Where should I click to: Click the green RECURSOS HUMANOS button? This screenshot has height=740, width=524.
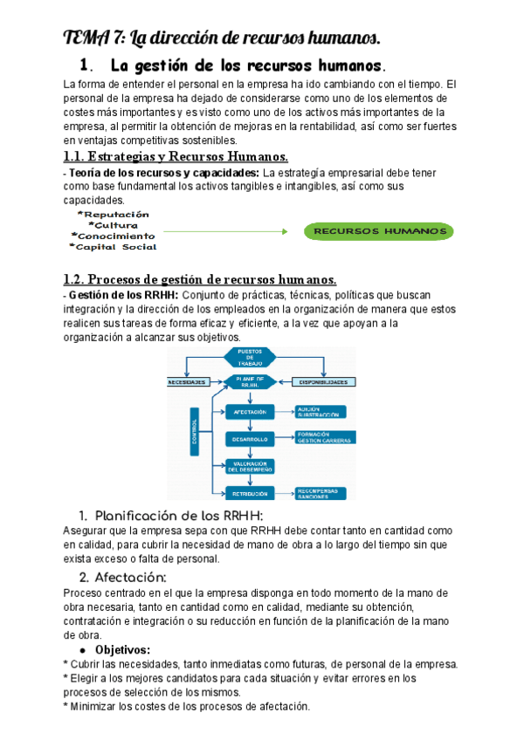coord(379,231)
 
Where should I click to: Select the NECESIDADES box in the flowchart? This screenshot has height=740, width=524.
coord(188,382)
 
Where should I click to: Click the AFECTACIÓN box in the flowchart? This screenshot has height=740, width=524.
coord(250,411)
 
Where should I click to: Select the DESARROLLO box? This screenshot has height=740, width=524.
coord(250,438)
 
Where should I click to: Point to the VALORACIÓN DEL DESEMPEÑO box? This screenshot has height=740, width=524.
coord(250,466)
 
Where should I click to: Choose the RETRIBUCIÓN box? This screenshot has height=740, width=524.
coord(250,493)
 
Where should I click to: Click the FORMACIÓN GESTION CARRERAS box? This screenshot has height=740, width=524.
coord(323,438)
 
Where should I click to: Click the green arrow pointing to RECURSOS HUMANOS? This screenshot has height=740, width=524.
coord(224,231)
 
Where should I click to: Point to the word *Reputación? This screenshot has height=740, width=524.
coord(113,215)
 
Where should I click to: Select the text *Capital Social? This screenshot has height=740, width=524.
coord(113,247)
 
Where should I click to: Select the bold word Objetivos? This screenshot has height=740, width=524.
coord(122,650)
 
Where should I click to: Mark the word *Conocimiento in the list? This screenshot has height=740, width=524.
coord(113,236)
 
